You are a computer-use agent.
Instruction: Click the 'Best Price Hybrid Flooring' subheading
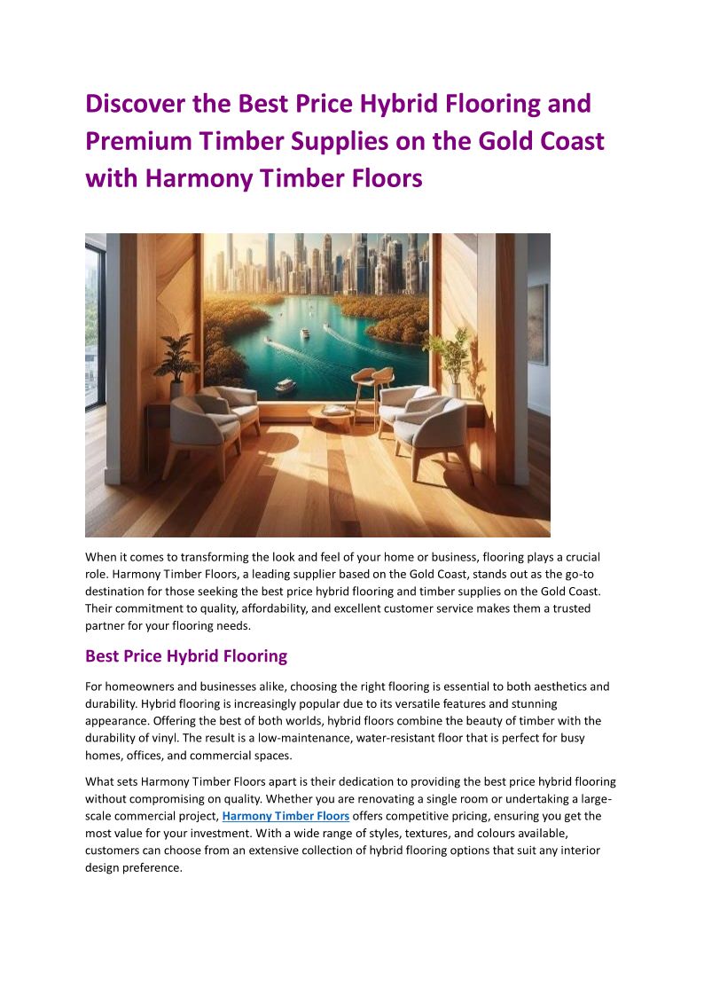coord(186,656)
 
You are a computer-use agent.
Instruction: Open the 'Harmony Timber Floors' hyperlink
coord(286,816)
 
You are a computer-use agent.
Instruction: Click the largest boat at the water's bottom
coord(286,386)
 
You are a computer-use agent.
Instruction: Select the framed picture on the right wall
coord(537,325)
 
